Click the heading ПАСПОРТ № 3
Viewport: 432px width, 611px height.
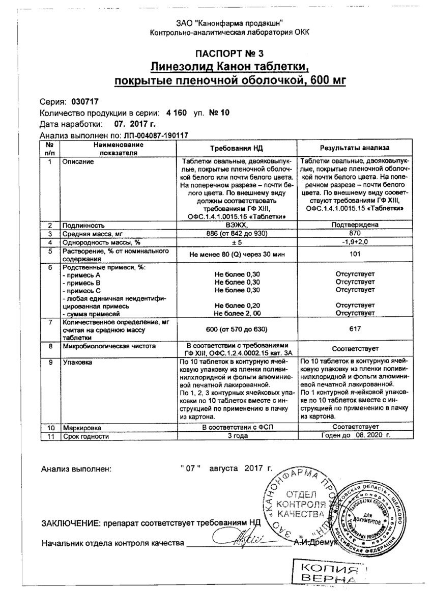[230, 53]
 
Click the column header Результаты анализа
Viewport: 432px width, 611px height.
[354, 148]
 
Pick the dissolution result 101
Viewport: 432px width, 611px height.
[355, 255]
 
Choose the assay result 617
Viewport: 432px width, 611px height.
[355, 330]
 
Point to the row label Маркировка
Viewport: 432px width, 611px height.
[82, 428]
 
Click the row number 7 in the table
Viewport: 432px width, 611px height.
[49, 323]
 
